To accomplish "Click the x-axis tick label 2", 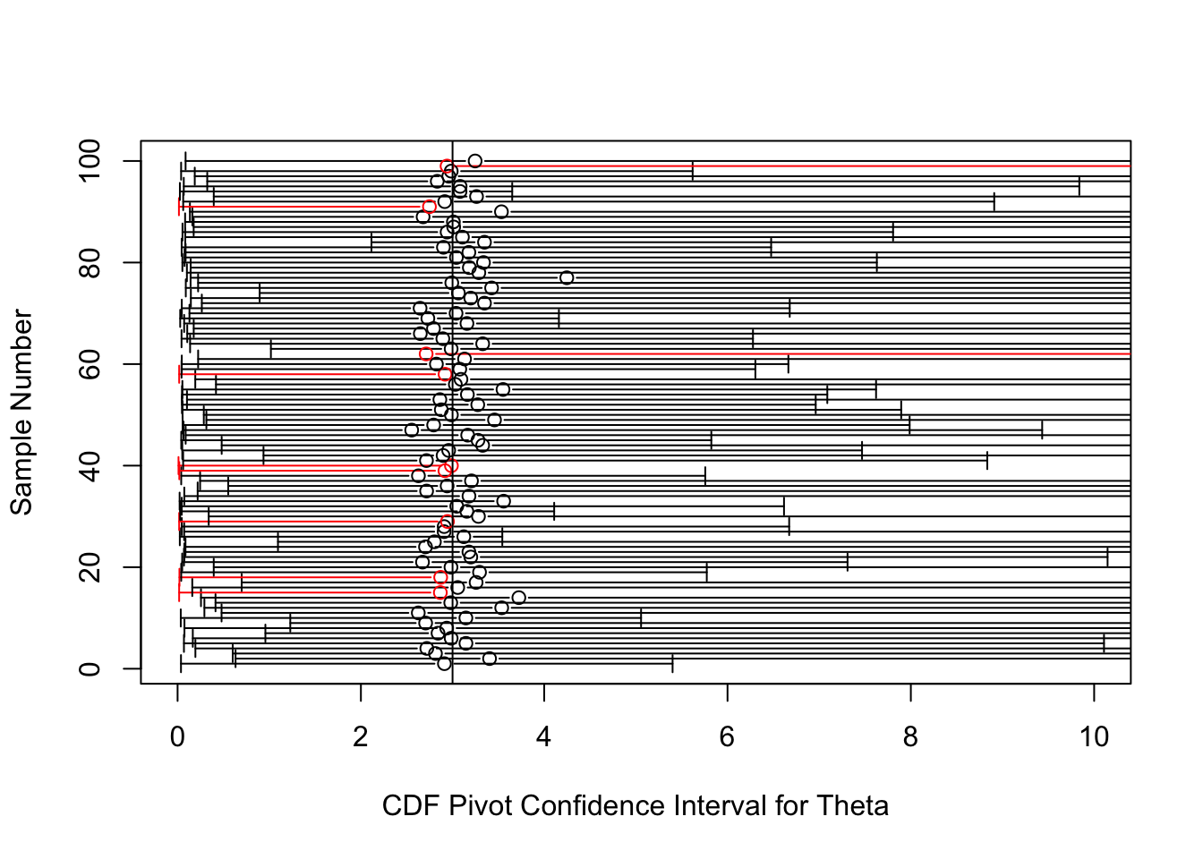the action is click(361, 737).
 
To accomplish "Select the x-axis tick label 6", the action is click(727, 737).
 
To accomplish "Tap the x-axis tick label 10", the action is click(1094, 737).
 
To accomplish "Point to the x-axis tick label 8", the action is click(910, 737).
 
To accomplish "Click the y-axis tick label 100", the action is click(90, 161).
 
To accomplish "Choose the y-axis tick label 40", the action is click(90, 466).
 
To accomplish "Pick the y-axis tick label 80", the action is click(90, 262).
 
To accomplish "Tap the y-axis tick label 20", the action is click(90, 567).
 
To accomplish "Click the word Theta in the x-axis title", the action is click(852, 806).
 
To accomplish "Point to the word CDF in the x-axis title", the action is click(411, 806).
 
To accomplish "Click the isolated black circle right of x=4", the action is click(567, 277).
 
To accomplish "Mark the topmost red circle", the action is click(447, 166).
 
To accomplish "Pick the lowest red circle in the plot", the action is click(440, 592).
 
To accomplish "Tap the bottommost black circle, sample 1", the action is click(444, 664).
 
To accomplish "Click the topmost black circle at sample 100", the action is click(474, 161).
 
